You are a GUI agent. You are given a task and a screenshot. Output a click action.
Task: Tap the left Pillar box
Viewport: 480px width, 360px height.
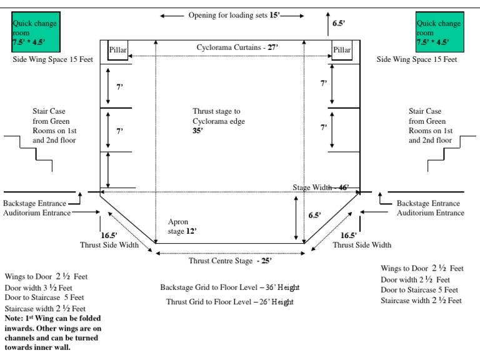[118, 50]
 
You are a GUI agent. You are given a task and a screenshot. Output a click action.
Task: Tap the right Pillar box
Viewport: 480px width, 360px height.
[342, 50]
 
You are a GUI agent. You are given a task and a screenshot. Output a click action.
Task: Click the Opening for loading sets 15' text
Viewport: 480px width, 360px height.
[234, 15]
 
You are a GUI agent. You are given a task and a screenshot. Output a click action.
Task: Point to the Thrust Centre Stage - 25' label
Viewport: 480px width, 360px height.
[231, 261]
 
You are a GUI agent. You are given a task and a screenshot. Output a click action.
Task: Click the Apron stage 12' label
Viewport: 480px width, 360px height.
[182, 226]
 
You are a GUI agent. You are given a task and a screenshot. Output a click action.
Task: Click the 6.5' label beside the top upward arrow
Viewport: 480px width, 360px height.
[338, 23]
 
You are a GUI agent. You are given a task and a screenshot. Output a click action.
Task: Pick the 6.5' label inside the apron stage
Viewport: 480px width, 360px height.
[315, 215]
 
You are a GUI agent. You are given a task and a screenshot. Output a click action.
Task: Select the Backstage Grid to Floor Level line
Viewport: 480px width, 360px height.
[229, 287]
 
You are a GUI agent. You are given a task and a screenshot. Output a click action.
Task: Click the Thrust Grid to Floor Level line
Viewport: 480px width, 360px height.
[229, 302]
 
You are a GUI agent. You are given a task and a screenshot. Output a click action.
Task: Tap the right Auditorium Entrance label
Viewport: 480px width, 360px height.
[431, 213]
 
